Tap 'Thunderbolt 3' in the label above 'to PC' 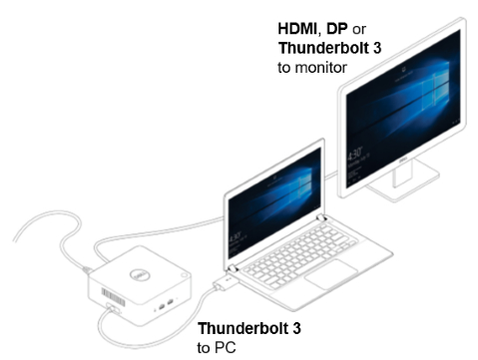[x=249, y=327]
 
